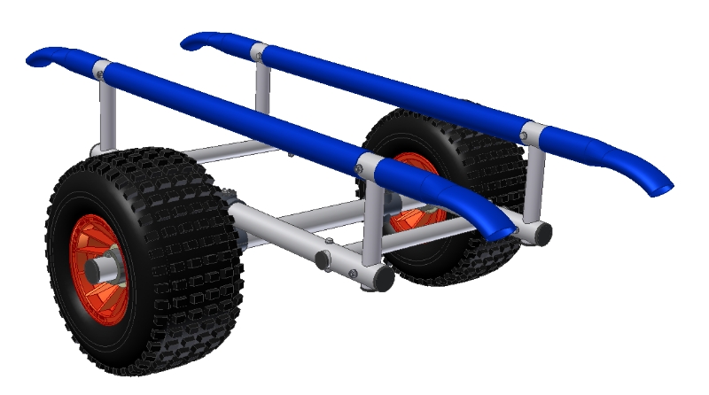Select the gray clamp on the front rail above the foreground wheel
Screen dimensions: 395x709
click(100, 67)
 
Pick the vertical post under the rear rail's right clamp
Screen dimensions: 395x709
click(534, 182)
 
